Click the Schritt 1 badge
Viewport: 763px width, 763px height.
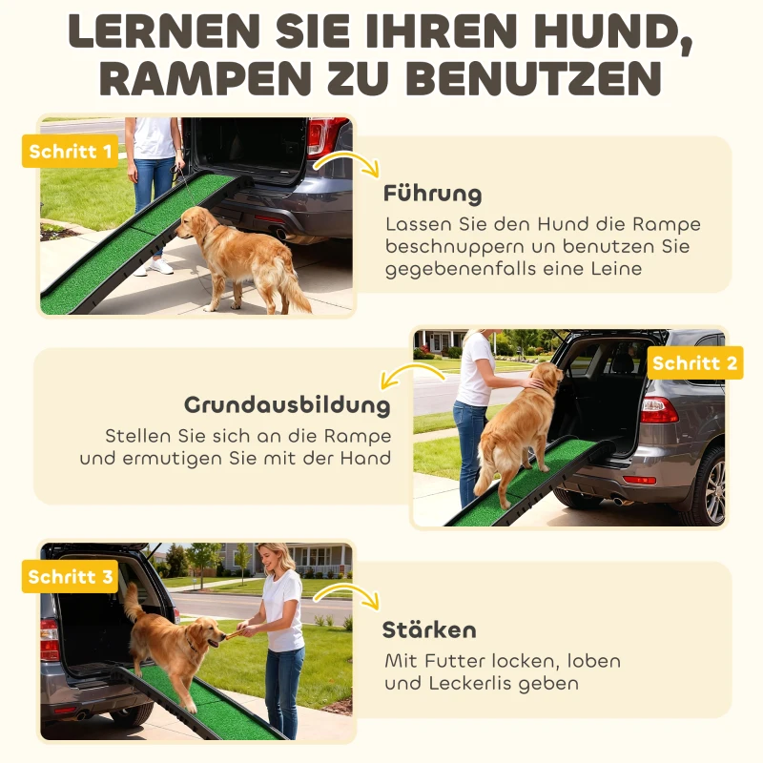[x=70, y=152]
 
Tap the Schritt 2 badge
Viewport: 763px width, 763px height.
[x=694, y=363]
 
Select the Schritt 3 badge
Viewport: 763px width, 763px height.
[x=70, y=577]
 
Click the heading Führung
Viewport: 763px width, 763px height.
[x=432, y=194]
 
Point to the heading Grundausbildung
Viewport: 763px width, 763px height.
[x=287, y=404]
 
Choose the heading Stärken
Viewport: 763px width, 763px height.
[x=429, y=630]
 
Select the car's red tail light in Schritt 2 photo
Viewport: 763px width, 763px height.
[x=659, y=409]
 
